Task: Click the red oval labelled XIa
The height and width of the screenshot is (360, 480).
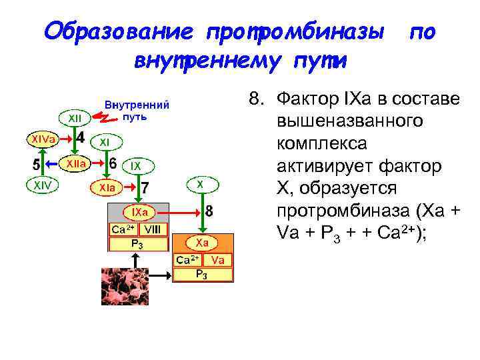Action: point(107,189)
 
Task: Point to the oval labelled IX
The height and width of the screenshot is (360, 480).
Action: point(135,164)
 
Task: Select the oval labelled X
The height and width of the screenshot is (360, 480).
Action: point(200,182)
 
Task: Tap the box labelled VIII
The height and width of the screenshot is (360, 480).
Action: point(153,229)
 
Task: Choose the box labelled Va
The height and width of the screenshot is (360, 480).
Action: point(218,260)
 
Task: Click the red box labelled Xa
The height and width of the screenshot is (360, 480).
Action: point(202,243)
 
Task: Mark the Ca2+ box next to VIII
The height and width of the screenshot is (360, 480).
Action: point(123,229)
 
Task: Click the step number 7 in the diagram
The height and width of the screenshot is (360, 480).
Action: point(145,188)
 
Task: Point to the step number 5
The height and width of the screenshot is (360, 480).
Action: point(37,163)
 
